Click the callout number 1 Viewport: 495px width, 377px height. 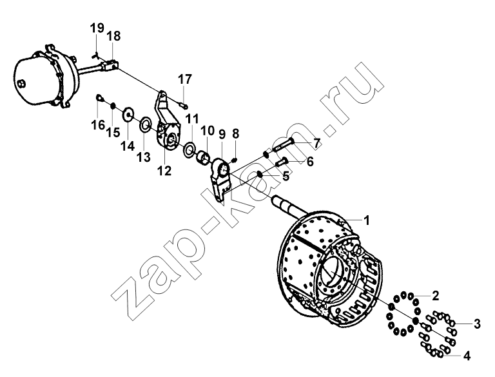366,220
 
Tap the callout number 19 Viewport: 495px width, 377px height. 97,28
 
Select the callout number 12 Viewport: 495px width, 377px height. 164,171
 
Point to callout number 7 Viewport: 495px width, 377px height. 316,143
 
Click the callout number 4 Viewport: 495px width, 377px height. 467,356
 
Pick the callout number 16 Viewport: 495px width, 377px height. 98,125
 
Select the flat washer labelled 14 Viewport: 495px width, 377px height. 128,115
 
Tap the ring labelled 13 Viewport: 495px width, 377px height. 145,125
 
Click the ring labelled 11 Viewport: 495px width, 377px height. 189,150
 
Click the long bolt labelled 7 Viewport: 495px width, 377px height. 282,145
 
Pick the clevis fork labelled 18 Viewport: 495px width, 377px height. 109,64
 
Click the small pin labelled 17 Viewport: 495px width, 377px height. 183,104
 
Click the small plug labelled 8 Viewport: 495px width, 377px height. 234,160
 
